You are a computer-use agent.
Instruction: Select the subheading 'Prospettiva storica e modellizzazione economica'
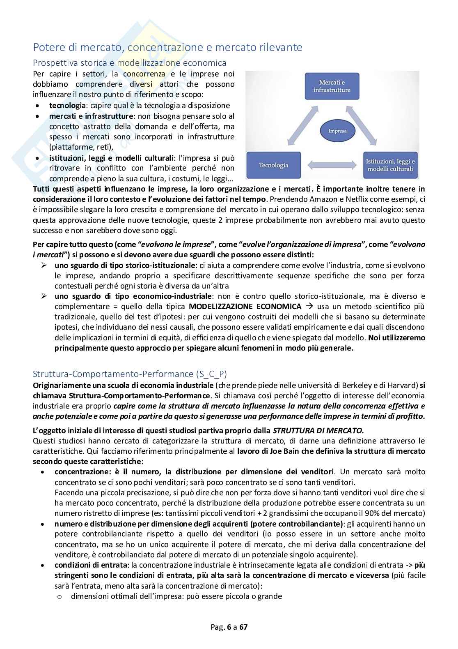tap(129, 63)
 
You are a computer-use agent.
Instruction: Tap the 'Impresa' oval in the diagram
tap(337, 131)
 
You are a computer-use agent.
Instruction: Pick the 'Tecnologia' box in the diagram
tap(273, 165)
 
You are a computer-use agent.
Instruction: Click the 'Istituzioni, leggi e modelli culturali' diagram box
tap(390, 165)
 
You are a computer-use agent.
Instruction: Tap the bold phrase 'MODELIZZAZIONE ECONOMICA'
tap(245, 307)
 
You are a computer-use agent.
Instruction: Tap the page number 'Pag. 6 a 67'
tap(229, 627)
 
